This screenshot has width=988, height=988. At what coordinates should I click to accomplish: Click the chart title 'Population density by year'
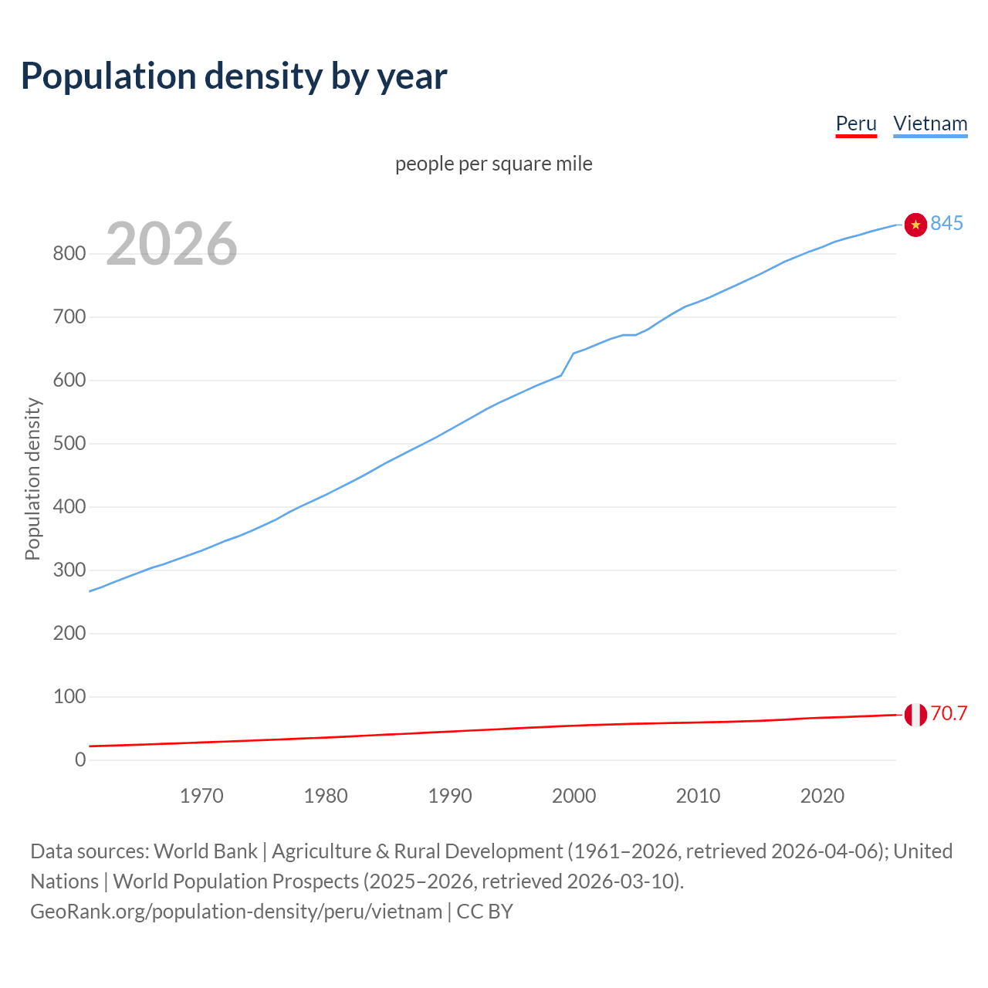tap(234, 76)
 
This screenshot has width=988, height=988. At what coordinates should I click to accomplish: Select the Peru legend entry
tap(856, 123)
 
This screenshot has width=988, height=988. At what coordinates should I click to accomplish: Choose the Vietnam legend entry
tap(930, 123)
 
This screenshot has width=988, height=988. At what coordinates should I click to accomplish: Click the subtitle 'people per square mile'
tap(493, 164)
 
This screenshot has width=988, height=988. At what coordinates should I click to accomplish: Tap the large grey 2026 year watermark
tap(171, 244)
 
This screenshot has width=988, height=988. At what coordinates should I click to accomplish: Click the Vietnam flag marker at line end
tap(915, 225)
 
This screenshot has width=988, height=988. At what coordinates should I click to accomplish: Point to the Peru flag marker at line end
tap(915, 715)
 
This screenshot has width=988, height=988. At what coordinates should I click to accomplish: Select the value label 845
tap(946, 223)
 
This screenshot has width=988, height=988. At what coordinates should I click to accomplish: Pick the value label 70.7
tap(949, 713)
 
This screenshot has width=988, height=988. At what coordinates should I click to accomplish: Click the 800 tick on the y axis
tap(69, 254)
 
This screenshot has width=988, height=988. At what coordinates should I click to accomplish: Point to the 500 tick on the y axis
tap(69, 444)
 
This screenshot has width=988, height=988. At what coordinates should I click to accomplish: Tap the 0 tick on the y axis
tap(80, 760)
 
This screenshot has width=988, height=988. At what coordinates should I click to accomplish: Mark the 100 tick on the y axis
tap(69, 697)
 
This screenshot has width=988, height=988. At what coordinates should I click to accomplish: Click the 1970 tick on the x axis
tap(201, 796)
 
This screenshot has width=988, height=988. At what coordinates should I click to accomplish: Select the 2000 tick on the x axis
tap(574, 796)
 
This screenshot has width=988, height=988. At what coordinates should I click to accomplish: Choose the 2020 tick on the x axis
tap(822, 796)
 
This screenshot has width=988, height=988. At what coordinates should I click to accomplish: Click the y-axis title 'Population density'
tap(32, 479)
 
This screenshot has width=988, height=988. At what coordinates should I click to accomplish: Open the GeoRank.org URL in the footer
tap(236, 912)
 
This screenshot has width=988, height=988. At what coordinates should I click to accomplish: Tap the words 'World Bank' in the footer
tap(205, 851)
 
